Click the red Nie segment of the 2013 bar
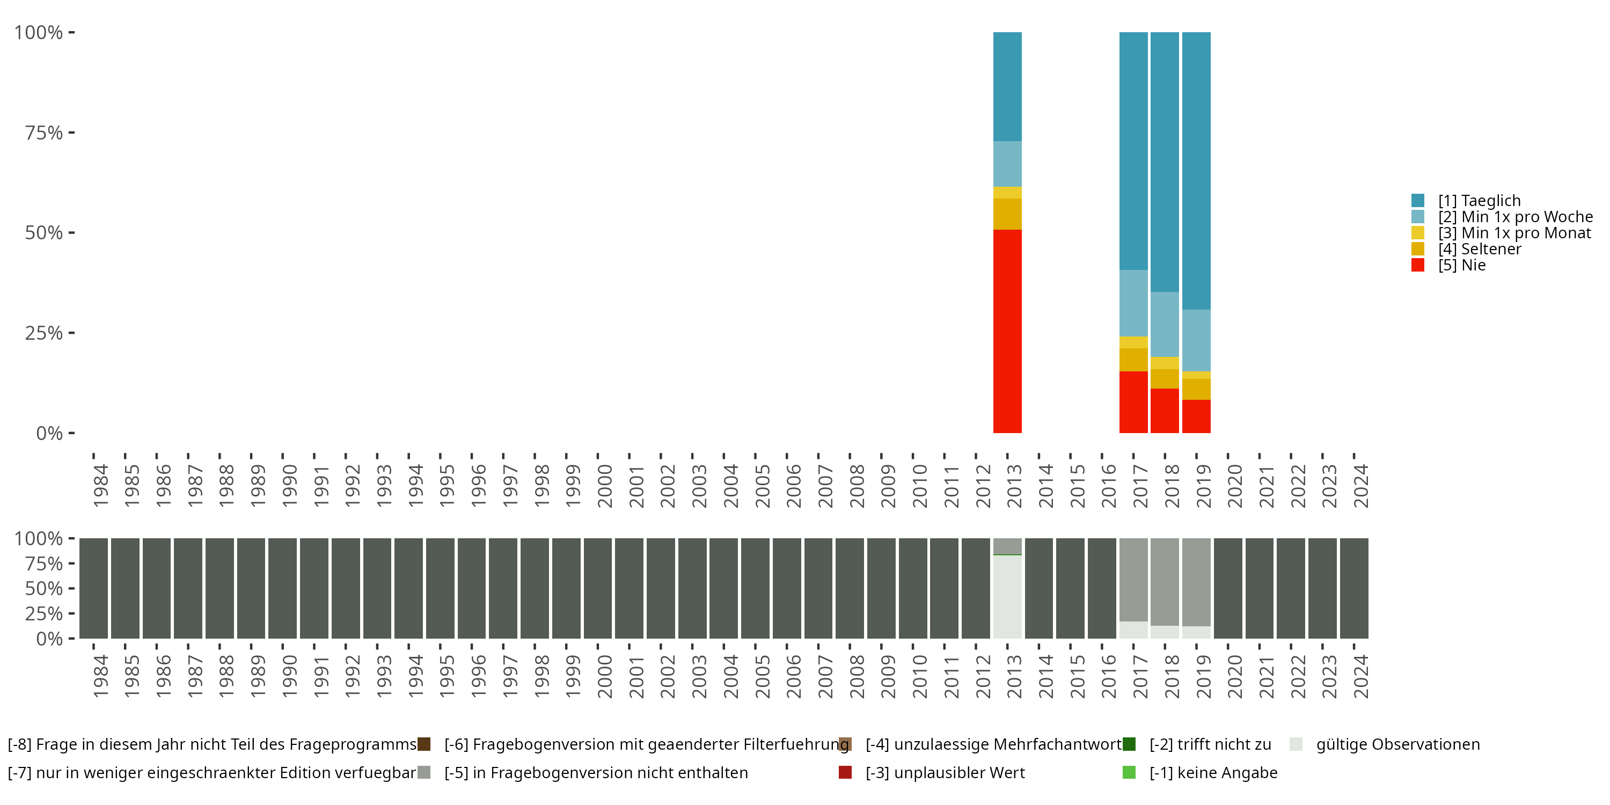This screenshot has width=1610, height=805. (1007, 331)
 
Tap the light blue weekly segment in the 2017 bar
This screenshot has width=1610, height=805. (1133, 303)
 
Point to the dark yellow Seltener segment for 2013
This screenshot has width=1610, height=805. (1007, 214)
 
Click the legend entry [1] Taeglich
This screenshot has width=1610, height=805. (1479, 201)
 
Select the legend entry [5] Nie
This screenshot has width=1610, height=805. (1461, 265)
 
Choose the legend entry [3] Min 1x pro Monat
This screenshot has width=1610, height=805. (1514, 233)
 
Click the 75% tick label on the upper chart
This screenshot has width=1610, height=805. (44, 133)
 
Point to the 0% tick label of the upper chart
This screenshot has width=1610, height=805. (49, 433)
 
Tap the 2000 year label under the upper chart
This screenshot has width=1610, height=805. (604, 486)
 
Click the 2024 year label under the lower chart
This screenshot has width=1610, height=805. (1360, 676)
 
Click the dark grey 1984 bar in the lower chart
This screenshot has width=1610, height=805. (94, 588)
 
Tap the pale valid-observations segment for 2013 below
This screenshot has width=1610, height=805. (1007, 596)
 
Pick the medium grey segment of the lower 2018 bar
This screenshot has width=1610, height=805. (1165, 581)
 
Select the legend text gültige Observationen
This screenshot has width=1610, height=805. (1397, 744)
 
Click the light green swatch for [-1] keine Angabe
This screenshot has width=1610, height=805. (1129, 772)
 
